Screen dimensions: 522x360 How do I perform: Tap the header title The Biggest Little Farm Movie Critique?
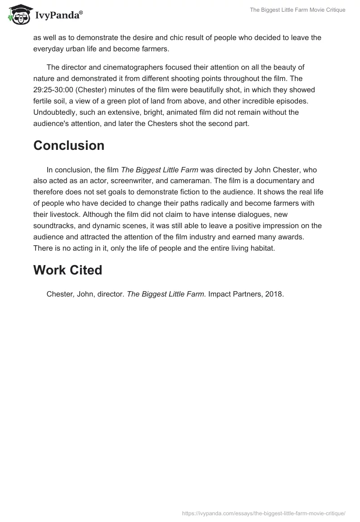[x=297, y=10]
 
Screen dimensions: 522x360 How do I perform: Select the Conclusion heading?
[x=69, y=145]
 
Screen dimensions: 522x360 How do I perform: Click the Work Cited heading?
[x=67, y=270]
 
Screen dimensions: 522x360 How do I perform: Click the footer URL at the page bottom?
[x=263, y=513]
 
